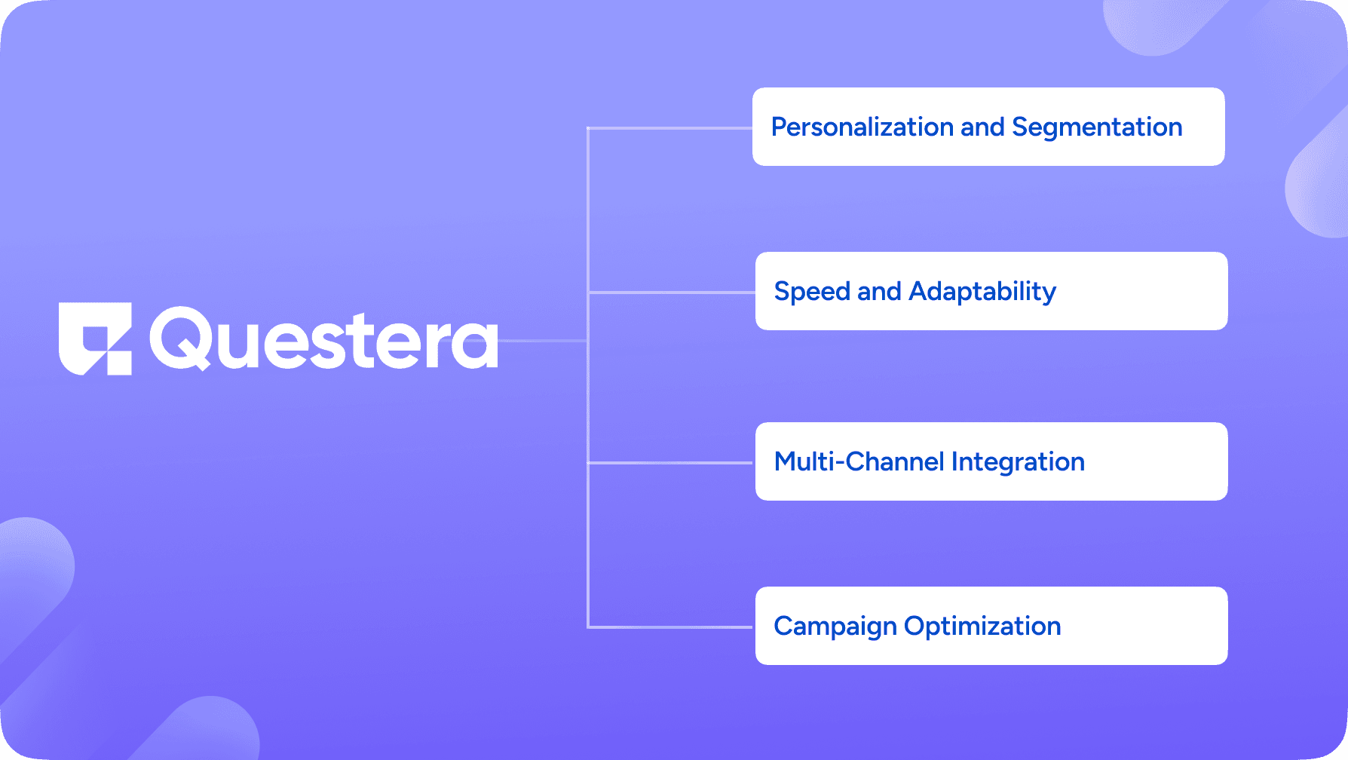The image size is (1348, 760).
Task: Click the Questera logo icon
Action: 95,339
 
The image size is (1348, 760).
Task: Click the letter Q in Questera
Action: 180,339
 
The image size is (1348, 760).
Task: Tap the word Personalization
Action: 862,127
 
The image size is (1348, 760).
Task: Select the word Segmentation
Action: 1097,128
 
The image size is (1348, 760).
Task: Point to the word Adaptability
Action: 982,292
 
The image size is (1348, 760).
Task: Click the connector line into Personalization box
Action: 670,128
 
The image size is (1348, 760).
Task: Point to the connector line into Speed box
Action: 672,292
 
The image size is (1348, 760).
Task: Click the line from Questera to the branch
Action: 543,341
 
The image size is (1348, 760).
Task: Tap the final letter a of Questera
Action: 476,344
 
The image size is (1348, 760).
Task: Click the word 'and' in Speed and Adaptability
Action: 879,291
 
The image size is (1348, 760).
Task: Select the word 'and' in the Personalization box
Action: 983,127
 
